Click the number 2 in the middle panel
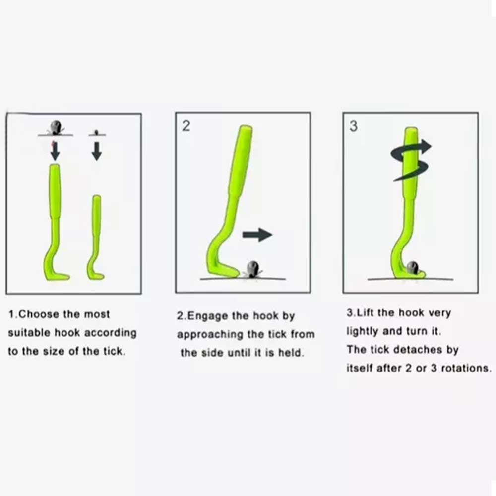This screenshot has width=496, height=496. tap(186, 126)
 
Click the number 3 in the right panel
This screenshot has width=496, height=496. tap(353, 126)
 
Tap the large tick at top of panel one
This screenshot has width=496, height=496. tap(56, 128)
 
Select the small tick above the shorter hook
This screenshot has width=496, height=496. tap(97, 132)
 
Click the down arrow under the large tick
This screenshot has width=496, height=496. tap(55, 151)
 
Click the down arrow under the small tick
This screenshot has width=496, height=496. tap(97, 151)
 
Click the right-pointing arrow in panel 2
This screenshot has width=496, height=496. tap(257, 235)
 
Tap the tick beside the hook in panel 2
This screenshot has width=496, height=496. tap(253, 269)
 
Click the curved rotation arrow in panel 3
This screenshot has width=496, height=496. tap(411, 161)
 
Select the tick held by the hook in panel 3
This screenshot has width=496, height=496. tap(412, 268)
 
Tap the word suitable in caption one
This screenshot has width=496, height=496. tap(29, 333)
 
